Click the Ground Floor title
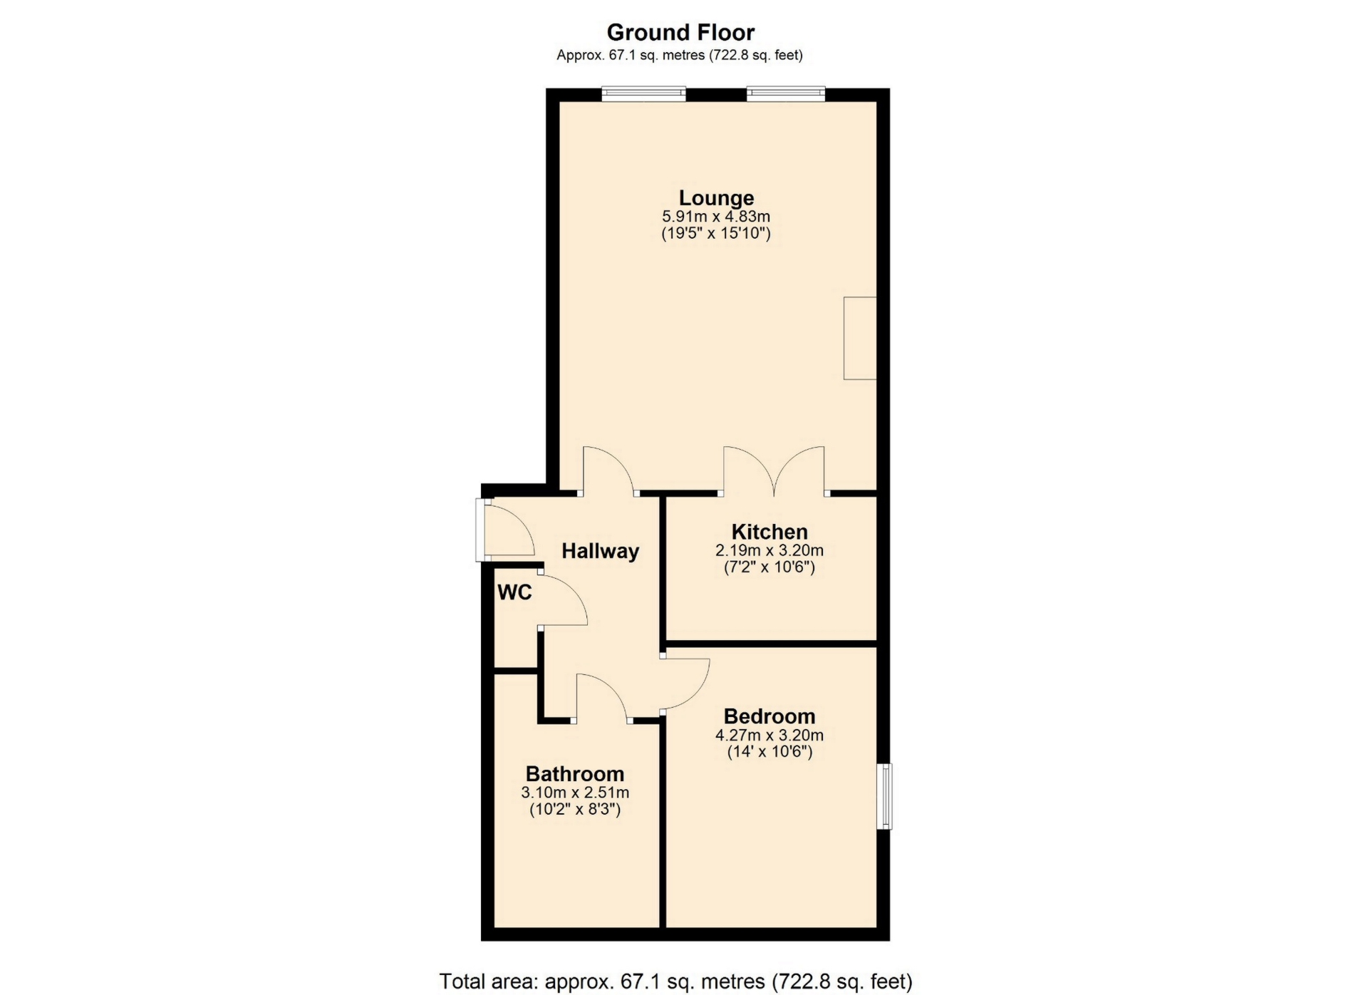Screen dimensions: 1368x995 point(680,32)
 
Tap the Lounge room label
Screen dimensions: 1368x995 point(716,197)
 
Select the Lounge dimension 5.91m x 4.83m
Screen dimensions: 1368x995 point(716,216)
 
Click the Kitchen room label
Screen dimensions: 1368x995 point(769,532)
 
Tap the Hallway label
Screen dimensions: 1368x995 point(600,551)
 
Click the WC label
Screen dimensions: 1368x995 point(514,592)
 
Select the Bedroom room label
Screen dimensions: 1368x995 point(769,716)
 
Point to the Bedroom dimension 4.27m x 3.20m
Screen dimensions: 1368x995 point(769,735)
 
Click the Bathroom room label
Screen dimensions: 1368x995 point(575,774)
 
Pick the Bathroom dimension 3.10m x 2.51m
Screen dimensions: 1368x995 point(575,793)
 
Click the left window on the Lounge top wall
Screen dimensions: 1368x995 point(643,94)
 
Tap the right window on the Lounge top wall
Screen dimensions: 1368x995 point(786,94)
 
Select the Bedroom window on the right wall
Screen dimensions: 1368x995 point(884,796)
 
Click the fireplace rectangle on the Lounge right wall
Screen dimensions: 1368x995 point(860,338)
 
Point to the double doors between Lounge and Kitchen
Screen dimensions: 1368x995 point(774,470)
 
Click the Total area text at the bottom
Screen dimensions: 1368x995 point(675,981)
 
